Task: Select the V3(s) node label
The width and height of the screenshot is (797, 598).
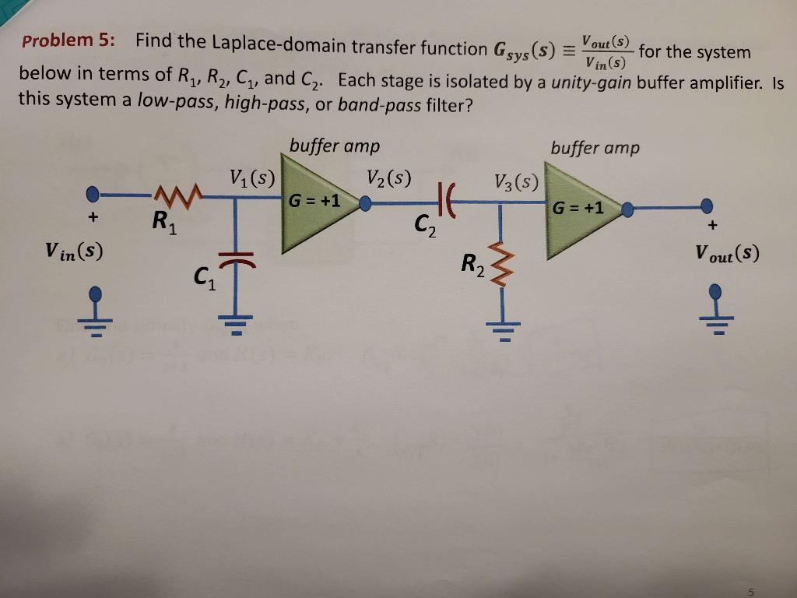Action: click(x=516, y=182)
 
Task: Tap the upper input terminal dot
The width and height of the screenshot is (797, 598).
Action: click(x=93, y=192)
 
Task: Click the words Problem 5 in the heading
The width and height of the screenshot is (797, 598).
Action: click(x=68, y=41)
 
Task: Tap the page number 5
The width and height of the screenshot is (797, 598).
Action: click(x=751, y=592)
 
